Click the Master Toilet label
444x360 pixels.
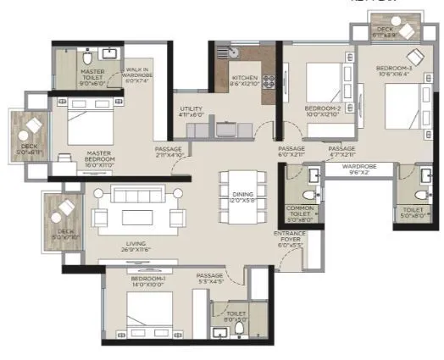tap(91, 79)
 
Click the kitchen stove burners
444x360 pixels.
tap(269, 83)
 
